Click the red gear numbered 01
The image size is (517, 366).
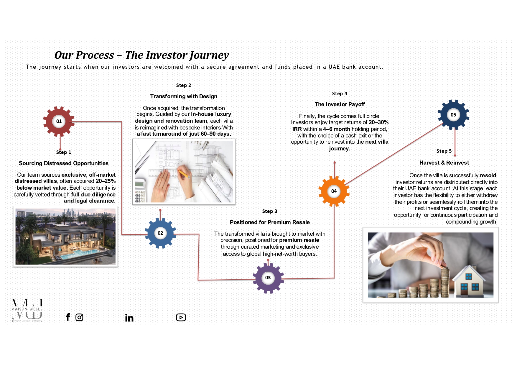[59, 121]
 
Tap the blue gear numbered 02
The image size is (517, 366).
[160, 233]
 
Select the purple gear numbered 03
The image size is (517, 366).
[268, 278]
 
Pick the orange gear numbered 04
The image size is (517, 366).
[334, 191]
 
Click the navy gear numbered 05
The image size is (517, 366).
[453, 115]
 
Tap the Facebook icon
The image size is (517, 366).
[68, 317]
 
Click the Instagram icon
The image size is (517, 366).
[79, 317]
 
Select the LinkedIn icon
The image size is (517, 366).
[129, 318]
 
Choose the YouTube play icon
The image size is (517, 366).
[181, 317]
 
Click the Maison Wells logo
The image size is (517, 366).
[27, 310]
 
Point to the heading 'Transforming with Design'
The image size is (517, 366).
[184, 96]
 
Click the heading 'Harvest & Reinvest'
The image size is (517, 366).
[444, 163]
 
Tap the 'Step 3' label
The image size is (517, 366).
[270, 211]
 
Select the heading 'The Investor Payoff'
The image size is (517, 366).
[340, 104]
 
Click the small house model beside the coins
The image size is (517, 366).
[469, 281]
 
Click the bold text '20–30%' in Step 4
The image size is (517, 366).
[378, 122]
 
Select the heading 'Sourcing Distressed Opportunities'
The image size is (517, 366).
[64, 163]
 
